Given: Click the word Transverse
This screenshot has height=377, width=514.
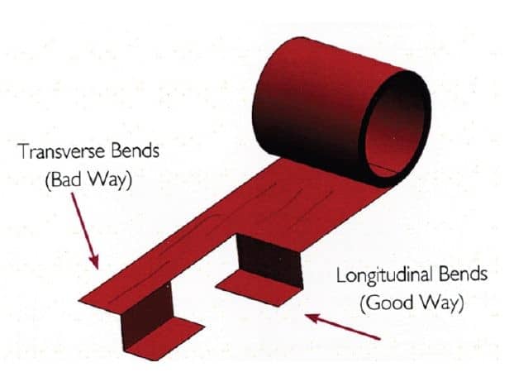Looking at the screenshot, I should click(57, 153).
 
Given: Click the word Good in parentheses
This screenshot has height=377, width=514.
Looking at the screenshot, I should click(388, 303).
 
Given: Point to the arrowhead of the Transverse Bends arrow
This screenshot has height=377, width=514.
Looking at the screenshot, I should click(96, 263).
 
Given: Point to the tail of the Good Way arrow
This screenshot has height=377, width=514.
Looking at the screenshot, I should click(378, 337).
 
